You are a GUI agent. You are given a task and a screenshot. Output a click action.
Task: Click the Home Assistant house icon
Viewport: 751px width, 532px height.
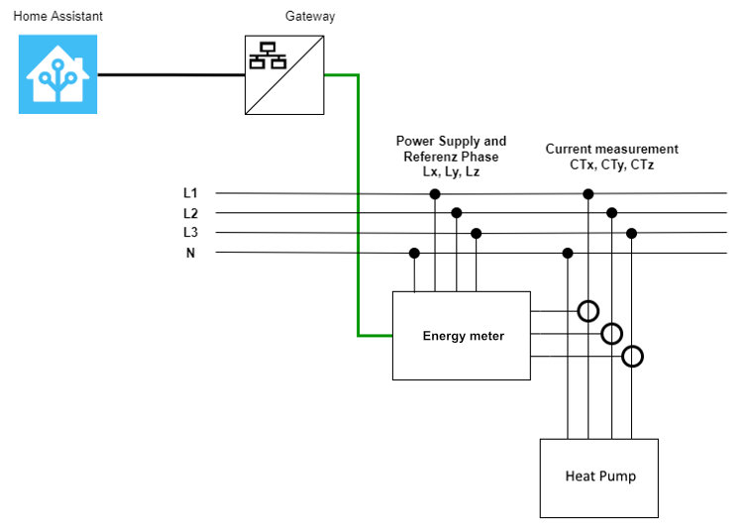[58, 74]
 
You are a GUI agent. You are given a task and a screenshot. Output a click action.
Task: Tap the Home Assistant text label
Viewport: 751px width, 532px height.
[57, 17]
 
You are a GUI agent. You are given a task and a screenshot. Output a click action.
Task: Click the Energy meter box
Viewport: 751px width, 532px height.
[462, 336]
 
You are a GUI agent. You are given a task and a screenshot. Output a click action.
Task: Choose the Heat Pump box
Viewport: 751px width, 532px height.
[599, 478]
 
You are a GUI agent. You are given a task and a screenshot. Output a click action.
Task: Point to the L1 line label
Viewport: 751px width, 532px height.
[190, 193]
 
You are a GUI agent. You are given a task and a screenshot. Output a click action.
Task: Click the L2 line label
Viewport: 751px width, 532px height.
[190, 213]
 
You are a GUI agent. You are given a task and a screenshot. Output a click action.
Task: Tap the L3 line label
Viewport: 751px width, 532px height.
[190, 233]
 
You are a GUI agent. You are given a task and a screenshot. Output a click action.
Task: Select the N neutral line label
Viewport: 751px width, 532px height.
[190, 254]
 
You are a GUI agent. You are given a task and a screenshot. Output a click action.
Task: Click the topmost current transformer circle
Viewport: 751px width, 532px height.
[589, 311]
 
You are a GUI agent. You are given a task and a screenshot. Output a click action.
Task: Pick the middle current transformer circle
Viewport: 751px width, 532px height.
[611, 334]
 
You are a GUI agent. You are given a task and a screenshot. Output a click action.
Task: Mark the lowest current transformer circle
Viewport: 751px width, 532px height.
[632, 356]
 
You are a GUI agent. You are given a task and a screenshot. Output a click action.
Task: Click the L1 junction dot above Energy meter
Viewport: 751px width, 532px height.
[434, 194]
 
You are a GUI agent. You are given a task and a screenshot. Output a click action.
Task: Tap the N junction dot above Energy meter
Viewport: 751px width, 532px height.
[414, 254]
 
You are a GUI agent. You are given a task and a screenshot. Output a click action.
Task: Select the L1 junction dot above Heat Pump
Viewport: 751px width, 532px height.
[589, 194]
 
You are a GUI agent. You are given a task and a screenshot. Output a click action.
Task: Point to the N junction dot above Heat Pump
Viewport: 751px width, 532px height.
[568, 254]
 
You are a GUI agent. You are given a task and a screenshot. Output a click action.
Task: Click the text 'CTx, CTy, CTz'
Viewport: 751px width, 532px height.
[611, 165]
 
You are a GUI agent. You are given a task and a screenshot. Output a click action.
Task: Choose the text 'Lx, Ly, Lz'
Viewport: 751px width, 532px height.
[451, 171]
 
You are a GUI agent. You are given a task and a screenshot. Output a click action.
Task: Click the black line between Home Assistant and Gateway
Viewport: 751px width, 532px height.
[170, 74]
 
